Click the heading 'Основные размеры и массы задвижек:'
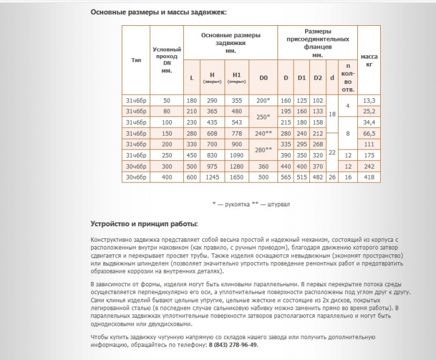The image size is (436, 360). [x=159, y=12]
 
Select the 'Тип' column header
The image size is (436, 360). [x=136, y=60]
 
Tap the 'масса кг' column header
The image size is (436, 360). [x=369, y=60]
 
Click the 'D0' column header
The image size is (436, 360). [x=263, y=78]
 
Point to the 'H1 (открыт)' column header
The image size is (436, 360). [x=237, y=78]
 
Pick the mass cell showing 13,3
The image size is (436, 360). [x=369, y=100]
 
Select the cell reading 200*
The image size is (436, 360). [x=263, y=100]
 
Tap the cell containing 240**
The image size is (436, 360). [x=263, y=133]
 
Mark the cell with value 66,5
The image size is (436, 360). [x=369, y=133]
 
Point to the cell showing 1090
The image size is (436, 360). [x=237, y=155]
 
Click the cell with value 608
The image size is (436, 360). [x=212, y=133]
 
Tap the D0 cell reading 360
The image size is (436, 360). [x=263, y=166]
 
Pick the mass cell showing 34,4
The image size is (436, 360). [x=369, y=122]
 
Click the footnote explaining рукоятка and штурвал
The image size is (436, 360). [x=250, y=204]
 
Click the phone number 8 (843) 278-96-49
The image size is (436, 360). [x=234, y=346]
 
